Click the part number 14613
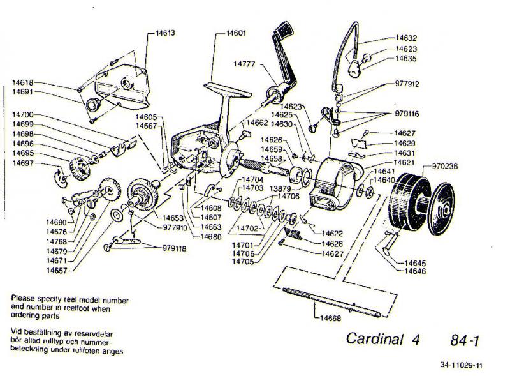tap(165, 31)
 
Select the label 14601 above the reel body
tap(237, 32)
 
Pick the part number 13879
tap(280, 190)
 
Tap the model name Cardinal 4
tap(383, 338)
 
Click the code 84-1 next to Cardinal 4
tap(463, 340)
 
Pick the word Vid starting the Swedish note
tap(17, 331)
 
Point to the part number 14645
tap(416, 262)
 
